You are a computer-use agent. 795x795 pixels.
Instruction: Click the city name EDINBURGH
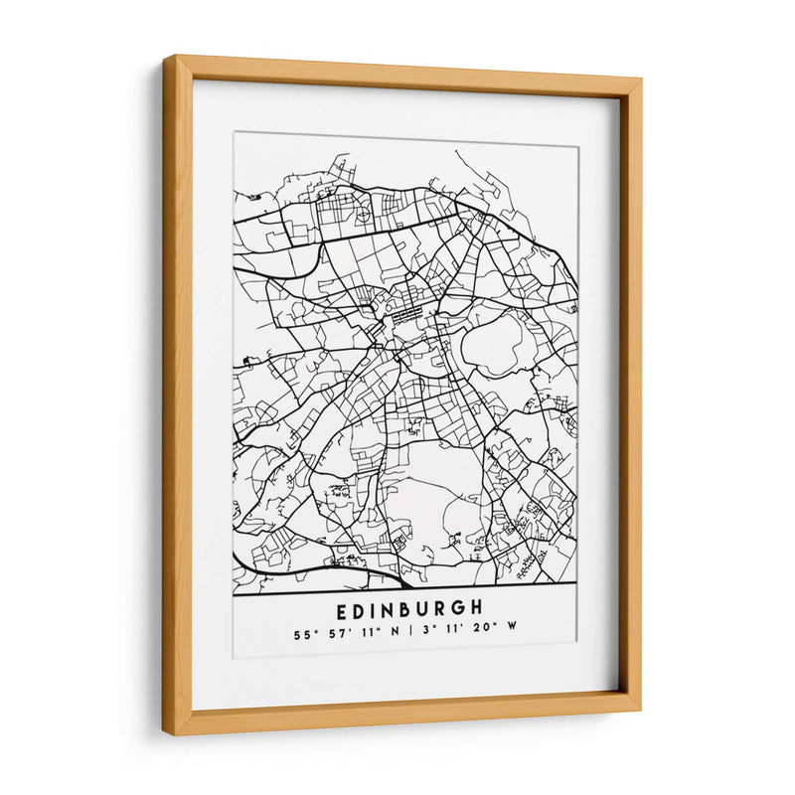pos(409,606)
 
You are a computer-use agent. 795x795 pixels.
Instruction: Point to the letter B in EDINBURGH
pos(409,606)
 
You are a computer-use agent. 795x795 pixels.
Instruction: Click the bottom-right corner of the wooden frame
pos(638,708)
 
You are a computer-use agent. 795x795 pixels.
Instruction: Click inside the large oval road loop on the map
pos(498,343)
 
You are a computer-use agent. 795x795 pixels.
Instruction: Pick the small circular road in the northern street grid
pos(363,212)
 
